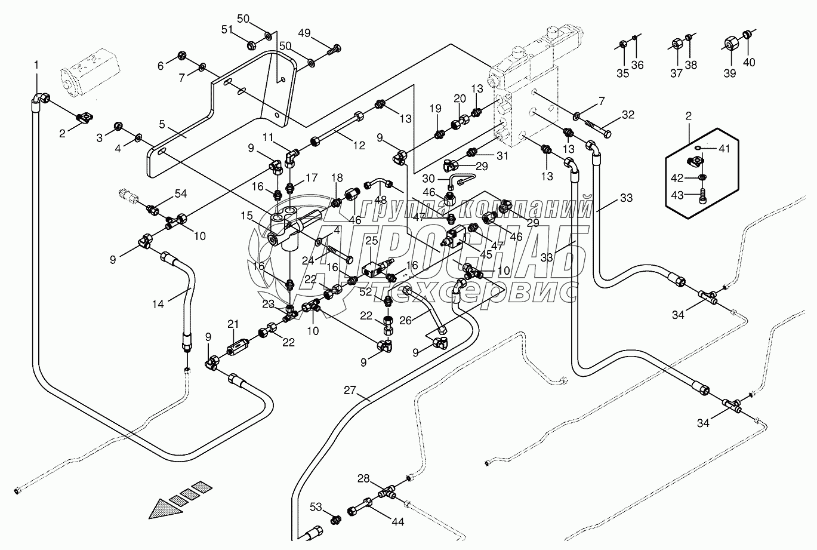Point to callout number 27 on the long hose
click(350, 391)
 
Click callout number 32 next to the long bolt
click(627, 114)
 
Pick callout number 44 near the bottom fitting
click(397, 521)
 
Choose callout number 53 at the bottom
click(316, 508)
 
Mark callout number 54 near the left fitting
click(180, 193)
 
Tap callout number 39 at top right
click(729, 73)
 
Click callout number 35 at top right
click(623, 73)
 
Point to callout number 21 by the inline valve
click(233, 323)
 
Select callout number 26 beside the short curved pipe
click(405, 321)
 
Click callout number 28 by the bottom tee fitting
click(363, 478)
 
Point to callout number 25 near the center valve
click(372, 241)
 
